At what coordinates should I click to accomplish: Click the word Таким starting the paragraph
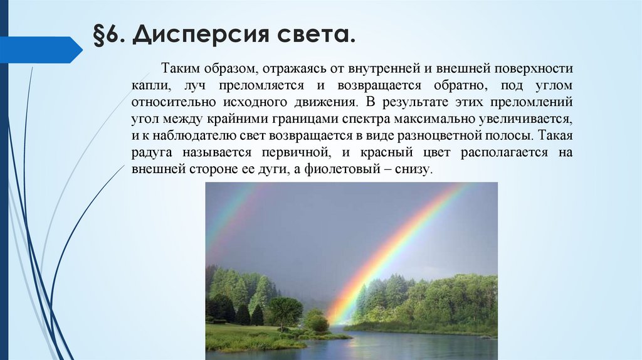click(180, 67)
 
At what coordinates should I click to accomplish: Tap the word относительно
click(169, 102)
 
